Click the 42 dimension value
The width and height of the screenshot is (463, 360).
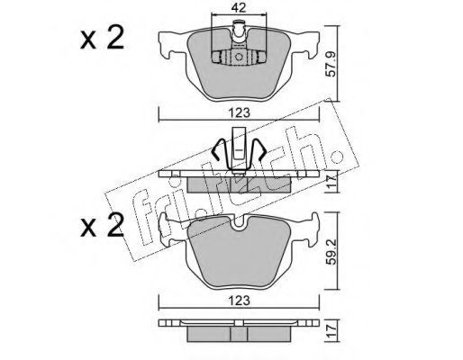[x=239, y=8]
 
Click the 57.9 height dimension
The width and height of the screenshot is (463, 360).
[x=332, y=68]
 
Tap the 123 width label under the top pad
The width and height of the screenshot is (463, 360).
[x=239, y=113]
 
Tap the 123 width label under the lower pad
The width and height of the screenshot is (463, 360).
[x=239, y=301]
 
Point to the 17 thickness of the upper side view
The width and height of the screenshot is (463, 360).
[x=332, y=182]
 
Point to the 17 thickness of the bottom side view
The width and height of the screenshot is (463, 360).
[x=332, y=330]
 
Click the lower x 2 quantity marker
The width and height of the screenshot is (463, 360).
[x=102, y=225]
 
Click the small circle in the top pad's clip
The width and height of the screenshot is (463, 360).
[x=239, y=57]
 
